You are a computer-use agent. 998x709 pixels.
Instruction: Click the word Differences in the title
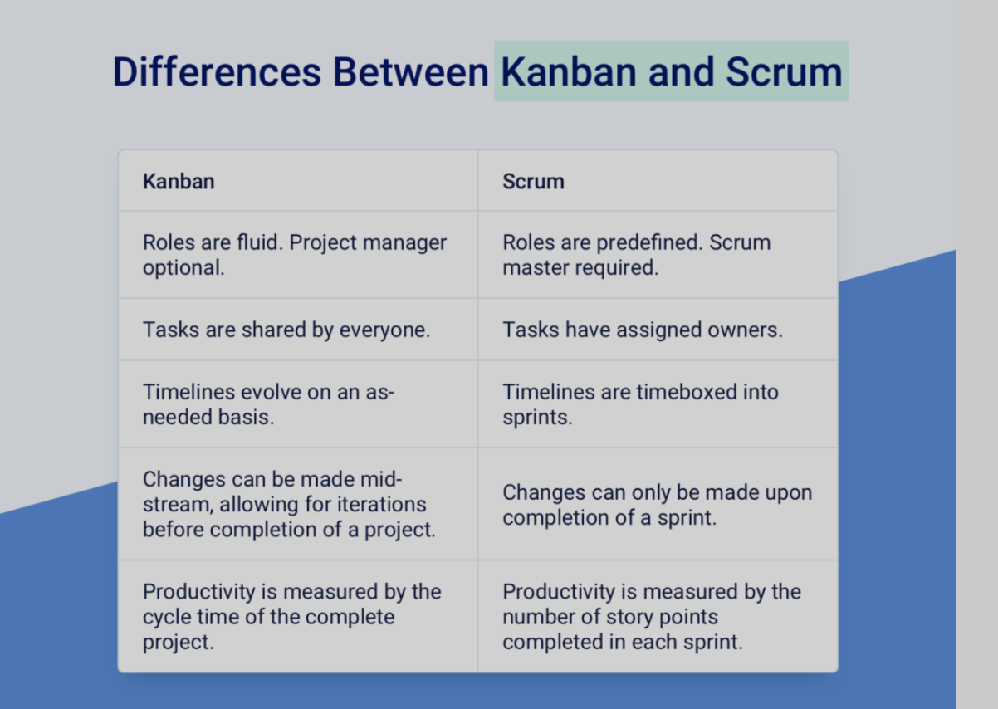217,71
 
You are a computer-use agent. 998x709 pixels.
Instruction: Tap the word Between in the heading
411,71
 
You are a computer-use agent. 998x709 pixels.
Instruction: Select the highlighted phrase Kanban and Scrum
672,71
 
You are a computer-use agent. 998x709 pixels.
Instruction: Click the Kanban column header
179,181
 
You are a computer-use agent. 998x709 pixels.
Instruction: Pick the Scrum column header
533,181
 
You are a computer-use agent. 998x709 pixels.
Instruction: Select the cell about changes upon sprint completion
657,505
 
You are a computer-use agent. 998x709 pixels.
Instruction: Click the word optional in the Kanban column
183,268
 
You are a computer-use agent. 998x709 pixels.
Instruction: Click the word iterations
381,505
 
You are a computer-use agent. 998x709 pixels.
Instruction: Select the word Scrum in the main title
784,71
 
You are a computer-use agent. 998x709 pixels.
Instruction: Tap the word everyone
384,330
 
